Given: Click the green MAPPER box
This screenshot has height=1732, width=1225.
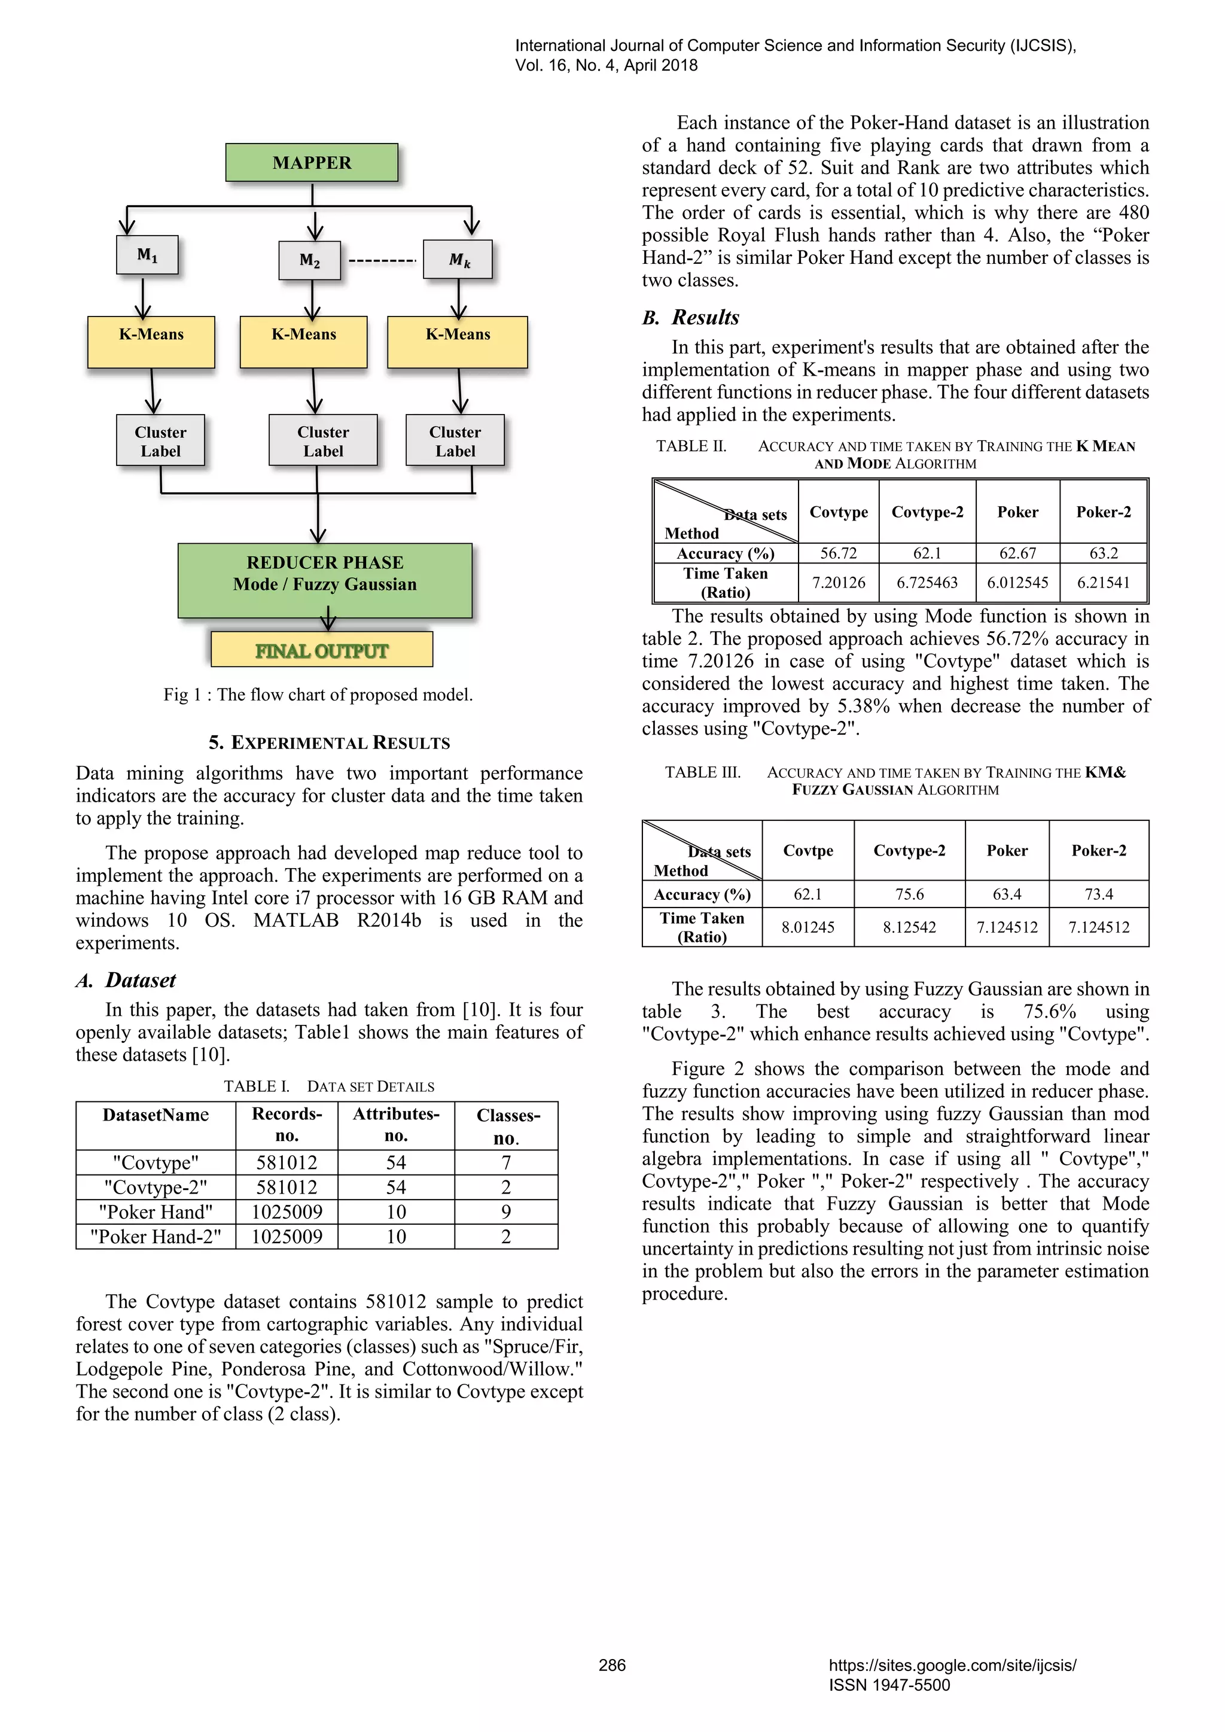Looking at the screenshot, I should click(312, 162).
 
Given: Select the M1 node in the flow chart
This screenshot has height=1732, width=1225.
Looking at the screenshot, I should click(147, 255).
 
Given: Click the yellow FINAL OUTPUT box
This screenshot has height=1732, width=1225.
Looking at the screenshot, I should click(321, 650).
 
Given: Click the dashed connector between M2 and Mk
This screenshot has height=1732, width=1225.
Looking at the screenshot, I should click(382, 261).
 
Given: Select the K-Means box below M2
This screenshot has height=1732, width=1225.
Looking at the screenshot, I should click(303, 341).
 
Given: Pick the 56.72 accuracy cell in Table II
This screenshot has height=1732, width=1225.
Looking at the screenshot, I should click(838, 553).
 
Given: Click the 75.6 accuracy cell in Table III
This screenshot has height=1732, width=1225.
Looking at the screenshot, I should click(909, 894).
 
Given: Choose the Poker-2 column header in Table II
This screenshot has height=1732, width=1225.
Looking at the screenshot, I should click(1103, 512).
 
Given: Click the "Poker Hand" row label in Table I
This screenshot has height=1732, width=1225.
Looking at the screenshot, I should click(156, 1212).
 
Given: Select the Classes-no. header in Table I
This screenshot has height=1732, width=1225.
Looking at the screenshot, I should click(507, 1125).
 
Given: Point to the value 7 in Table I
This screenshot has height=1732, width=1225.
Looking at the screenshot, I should click(506, 1162).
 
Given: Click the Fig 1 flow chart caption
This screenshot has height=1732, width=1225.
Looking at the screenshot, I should click(318, 694).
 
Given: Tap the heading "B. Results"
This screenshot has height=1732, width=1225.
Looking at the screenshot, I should click(690, 317).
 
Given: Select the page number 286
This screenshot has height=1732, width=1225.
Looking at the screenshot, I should click(612, 1665).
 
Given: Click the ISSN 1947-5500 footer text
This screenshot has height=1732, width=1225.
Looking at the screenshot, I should click(889, 1685).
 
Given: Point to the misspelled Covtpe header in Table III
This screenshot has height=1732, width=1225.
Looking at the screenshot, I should click(808, 850).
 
